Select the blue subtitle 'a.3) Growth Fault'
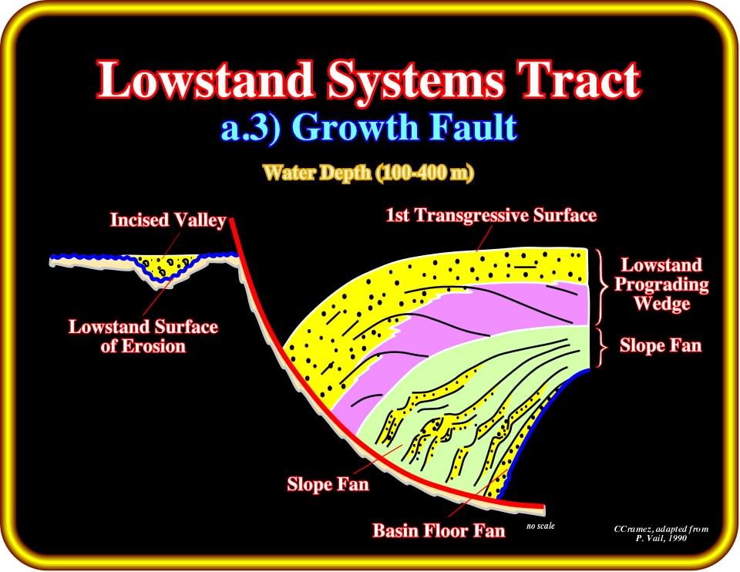pyautogui.click(x=369, y=128)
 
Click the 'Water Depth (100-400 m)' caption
pyautogui.click(x=368, y=173)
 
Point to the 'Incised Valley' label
pyautogui.click(x=168, y=220)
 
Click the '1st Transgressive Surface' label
pyautogui.click(x=491, y=215)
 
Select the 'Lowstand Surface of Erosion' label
pyautogui.click(x=143, y=336)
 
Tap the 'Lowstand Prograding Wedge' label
pyautogui.click(x=661, y=284)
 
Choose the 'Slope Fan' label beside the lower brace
pyautogui.click(x=661, y=345)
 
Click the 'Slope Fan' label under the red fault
pyautogui.click(x=328, y=484)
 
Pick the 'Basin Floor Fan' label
pyautogui.click(x=439, y=530)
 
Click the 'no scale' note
pyautogui.click(x=540, y=526)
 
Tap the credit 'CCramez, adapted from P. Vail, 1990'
pyautogui.click(x=661, y=533)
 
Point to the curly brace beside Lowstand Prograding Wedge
pyautogui.click(x=602, y=287)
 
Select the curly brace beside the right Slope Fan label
pyautogui.click(x=602, y=348)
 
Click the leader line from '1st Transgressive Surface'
pyautogui.click(x=484, y=237)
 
